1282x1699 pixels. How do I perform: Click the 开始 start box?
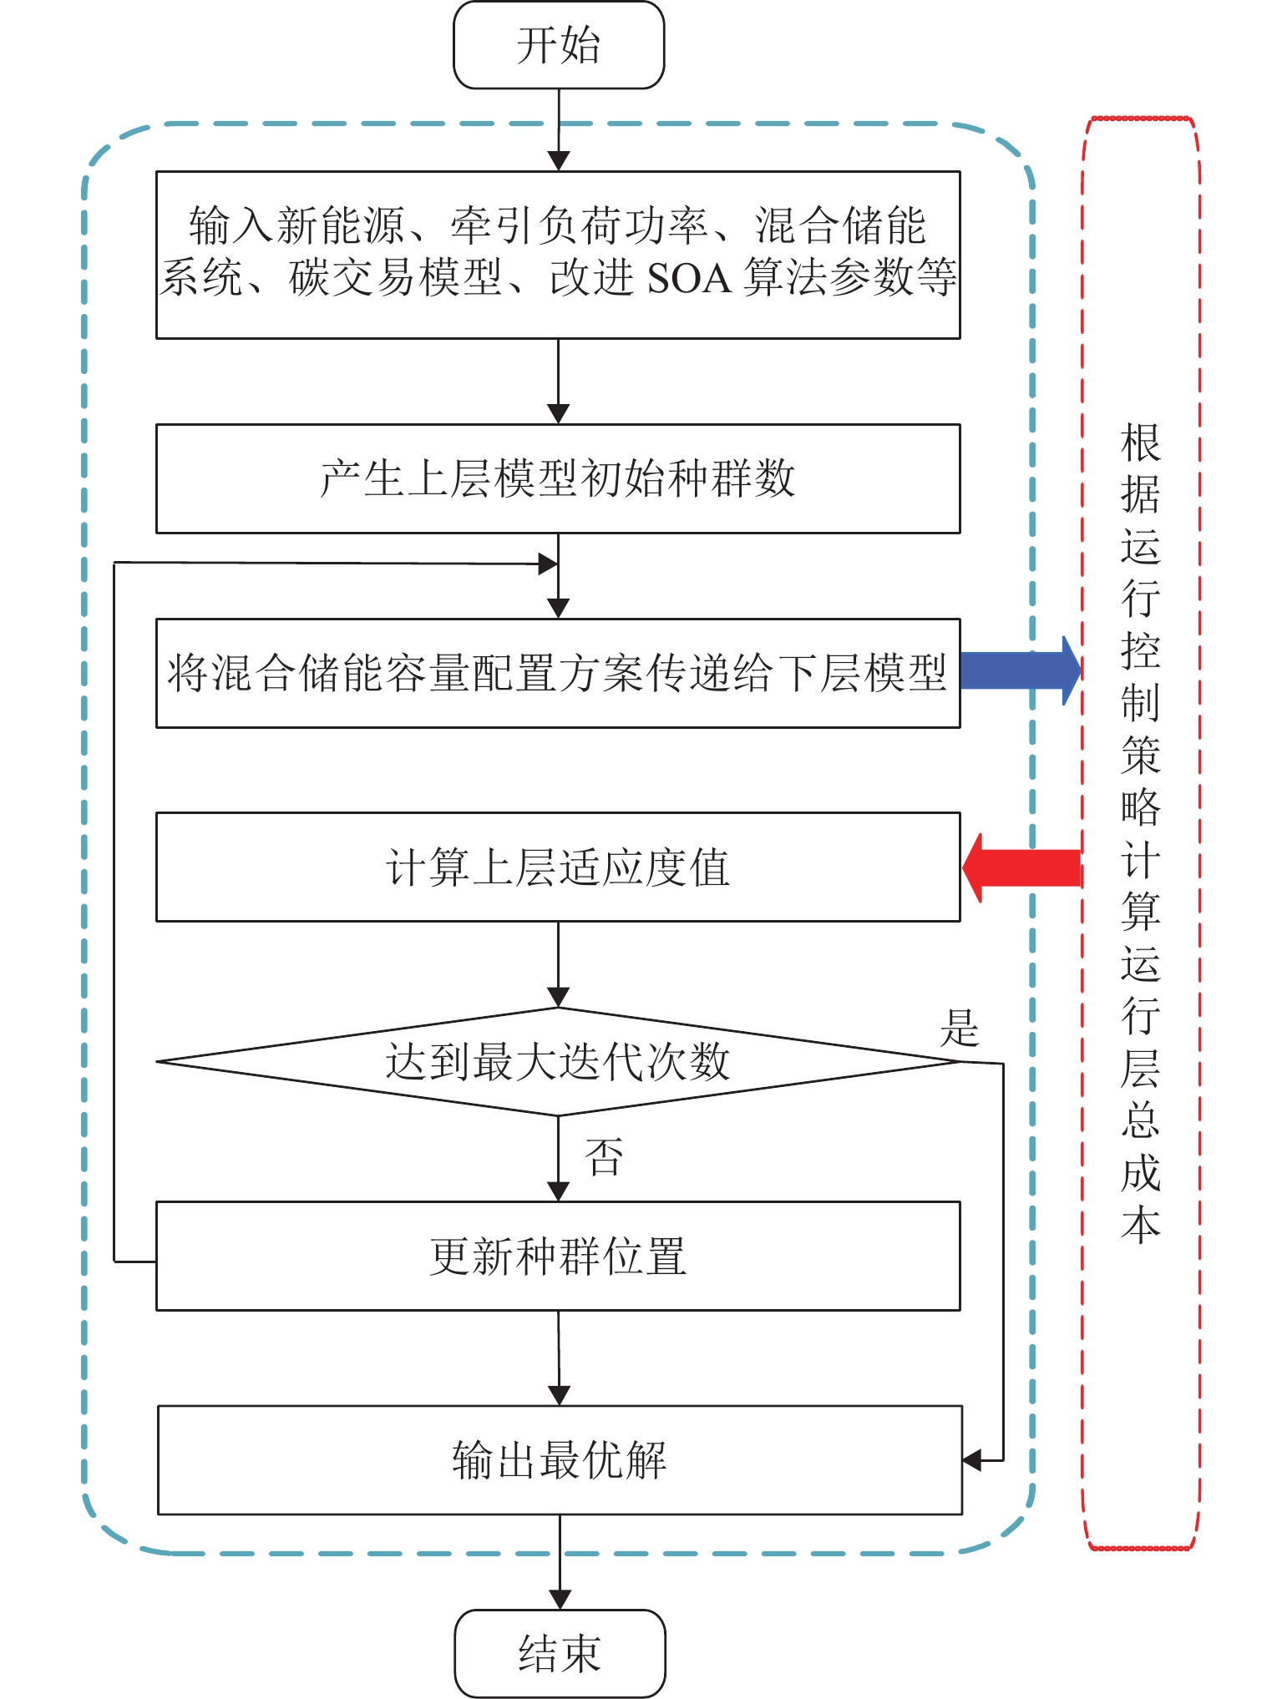coord(559,45)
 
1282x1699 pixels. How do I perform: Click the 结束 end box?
coord(560,1653)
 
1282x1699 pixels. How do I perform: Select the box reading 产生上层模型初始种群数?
coord(558,479)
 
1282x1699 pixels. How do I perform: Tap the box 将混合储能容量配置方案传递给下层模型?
coord(558,673)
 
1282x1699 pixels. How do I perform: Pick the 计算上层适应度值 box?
coord(558,867)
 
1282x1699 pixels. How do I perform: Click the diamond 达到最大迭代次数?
coord(558,1062)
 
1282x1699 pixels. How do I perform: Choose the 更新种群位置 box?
coord(558,1256)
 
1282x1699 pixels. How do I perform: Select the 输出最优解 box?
coord(560,1460)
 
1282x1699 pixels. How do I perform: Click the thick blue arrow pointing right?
coord(1021,670)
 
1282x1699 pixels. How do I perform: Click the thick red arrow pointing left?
coord(1022,867)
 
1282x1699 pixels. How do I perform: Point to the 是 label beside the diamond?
coord(960,1028)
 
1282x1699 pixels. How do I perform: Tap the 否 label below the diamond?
coord(604,1157)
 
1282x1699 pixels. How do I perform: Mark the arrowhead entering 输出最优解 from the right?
coord(972,1460)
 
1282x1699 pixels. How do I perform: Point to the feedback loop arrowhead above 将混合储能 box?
coord(548,564)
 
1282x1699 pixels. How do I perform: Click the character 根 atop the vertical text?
coord(1141,443)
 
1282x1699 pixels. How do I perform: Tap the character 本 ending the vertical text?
coord(1141,1224)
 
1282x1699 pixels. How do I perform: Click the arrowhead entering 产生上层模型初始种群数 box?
coord(558,414)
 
